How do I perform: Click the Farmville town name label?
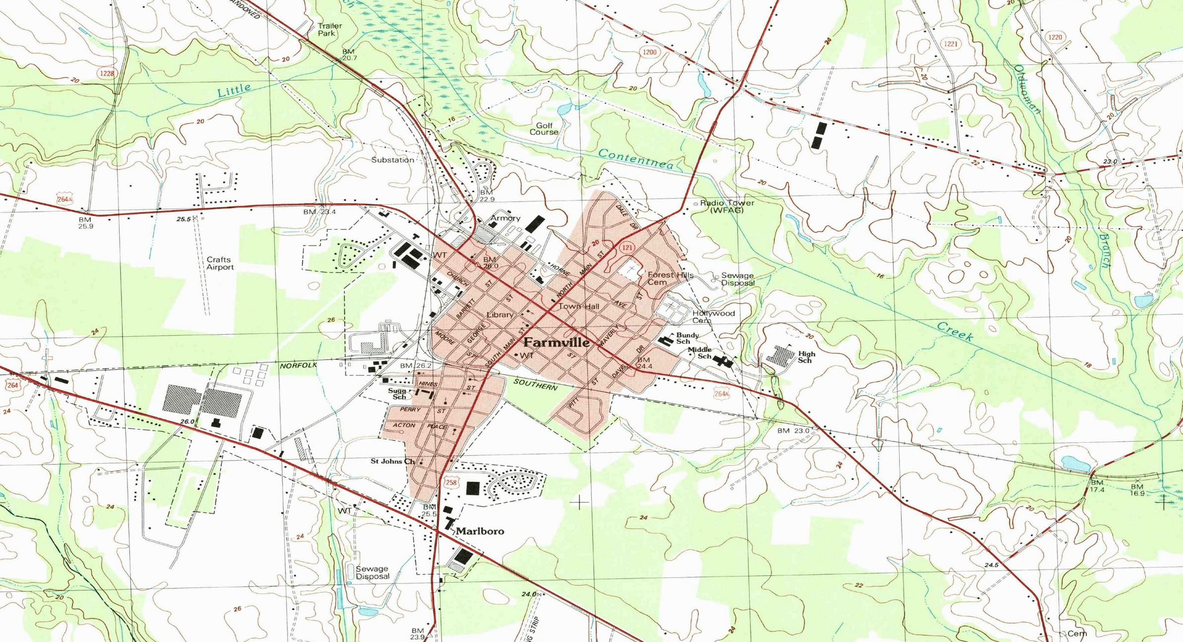pos(557,343)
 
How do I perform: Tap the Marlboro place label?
pos(480,531)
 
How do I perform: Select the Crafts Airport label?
pos(220,263)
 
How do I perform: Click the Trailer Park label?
pos(329,30)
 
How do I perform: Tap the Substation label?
pos(392,160)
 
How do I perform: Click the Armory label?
pos(505,218)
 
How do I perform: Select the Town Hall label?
pos(579,306)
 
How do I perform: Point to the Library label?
pos(499,315)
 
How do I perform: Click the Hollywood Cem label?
pos(713,317)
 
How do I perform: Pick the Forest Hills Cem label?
pos(670,278)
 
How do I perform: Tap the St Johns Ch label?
pos(392,461)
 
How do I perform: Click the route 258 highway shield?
pos(450,482)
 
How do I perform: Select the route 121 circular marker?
pos(627,247)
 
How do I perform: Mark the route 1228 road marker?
pos(107,73)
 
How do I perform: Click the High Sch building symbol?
pos(780,355)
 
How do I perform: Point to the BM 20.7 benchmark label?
pos(349,55)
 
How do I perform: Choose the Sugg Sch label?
pos(397,394)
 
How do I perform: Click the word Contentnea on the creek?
pos(635,159)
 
